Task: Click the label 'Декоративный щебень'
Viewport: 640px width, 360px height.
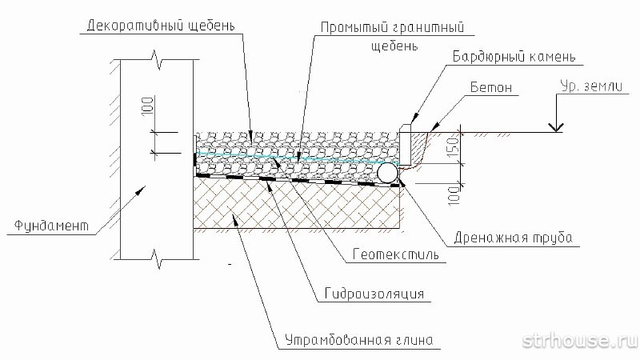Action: (162, 26)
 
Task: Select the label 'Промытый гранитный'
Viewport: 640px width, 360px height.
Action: (392, 27)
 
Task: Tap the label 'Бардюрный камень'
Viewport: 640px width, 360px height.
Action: (514, 56)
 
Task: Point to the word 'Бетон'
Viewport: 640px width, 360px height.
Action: (491, 87)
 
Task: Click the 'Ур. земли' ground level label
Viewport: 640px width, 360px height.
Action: (591, 86)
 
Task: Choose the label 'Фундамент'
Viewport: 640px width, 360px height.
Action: (52, 226)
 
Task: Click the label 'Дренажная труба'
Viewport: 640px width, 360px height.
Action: (513, 238)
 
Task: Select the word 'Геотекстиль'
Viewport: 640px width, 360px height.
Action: (395, 254)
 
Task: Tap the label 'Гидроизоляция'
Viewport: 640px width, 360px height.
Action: (374, 294)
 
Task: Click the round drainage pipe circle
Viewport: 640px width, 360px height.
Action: (387, 173)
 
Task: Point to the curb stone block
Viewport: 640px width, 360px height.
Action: (406, 144)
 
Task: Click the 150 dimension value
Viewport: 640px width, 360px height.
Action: (454, 148)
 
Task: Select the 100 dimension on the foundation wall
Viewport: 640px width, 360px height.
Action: (148, 106)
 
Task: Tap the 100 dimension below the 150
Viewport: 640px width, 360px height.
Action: (454, 195)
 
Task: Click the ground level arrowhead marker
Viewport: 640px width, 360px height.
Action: (555, 127)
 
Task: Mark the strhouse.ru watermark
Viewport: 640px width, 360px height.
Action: (579, 341)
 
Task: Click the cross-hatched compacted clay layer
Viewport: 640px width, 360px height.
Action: (297, 203)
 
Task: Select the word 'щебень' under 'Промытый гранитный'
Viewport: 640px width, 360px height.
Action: (394, 45)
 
